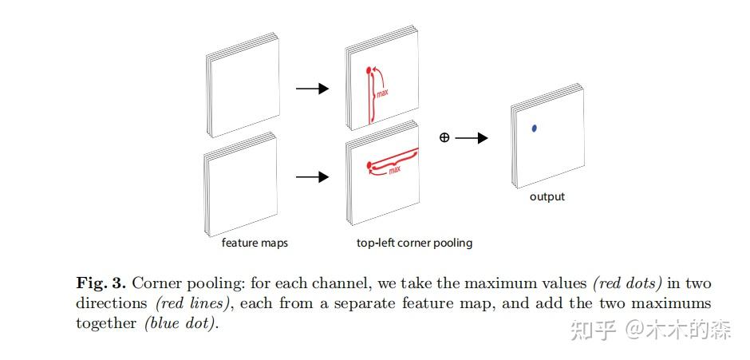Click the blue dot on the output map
(x=535, y=128)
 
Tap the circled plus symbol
(x=444, y=137)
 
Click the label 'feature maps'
(x=255, y=243)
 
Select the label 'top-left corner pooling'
(x=414, y=243)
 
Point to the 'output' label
(x=547, y=196)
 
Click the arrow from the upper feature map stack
(x=312, y=88)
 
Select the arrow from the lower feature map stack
(x=312, y=177)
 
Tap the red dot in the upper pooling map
(x=369, y=71)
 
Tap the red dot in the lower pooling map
(x=369, y=167)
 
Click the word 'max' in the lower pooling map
(x=394, y=169)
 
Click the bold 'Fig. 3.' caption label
(x=101, y=283)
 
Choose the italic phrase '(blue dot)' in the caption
(x=180, y=323)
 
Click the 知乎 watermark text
(x=591, y=330)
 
